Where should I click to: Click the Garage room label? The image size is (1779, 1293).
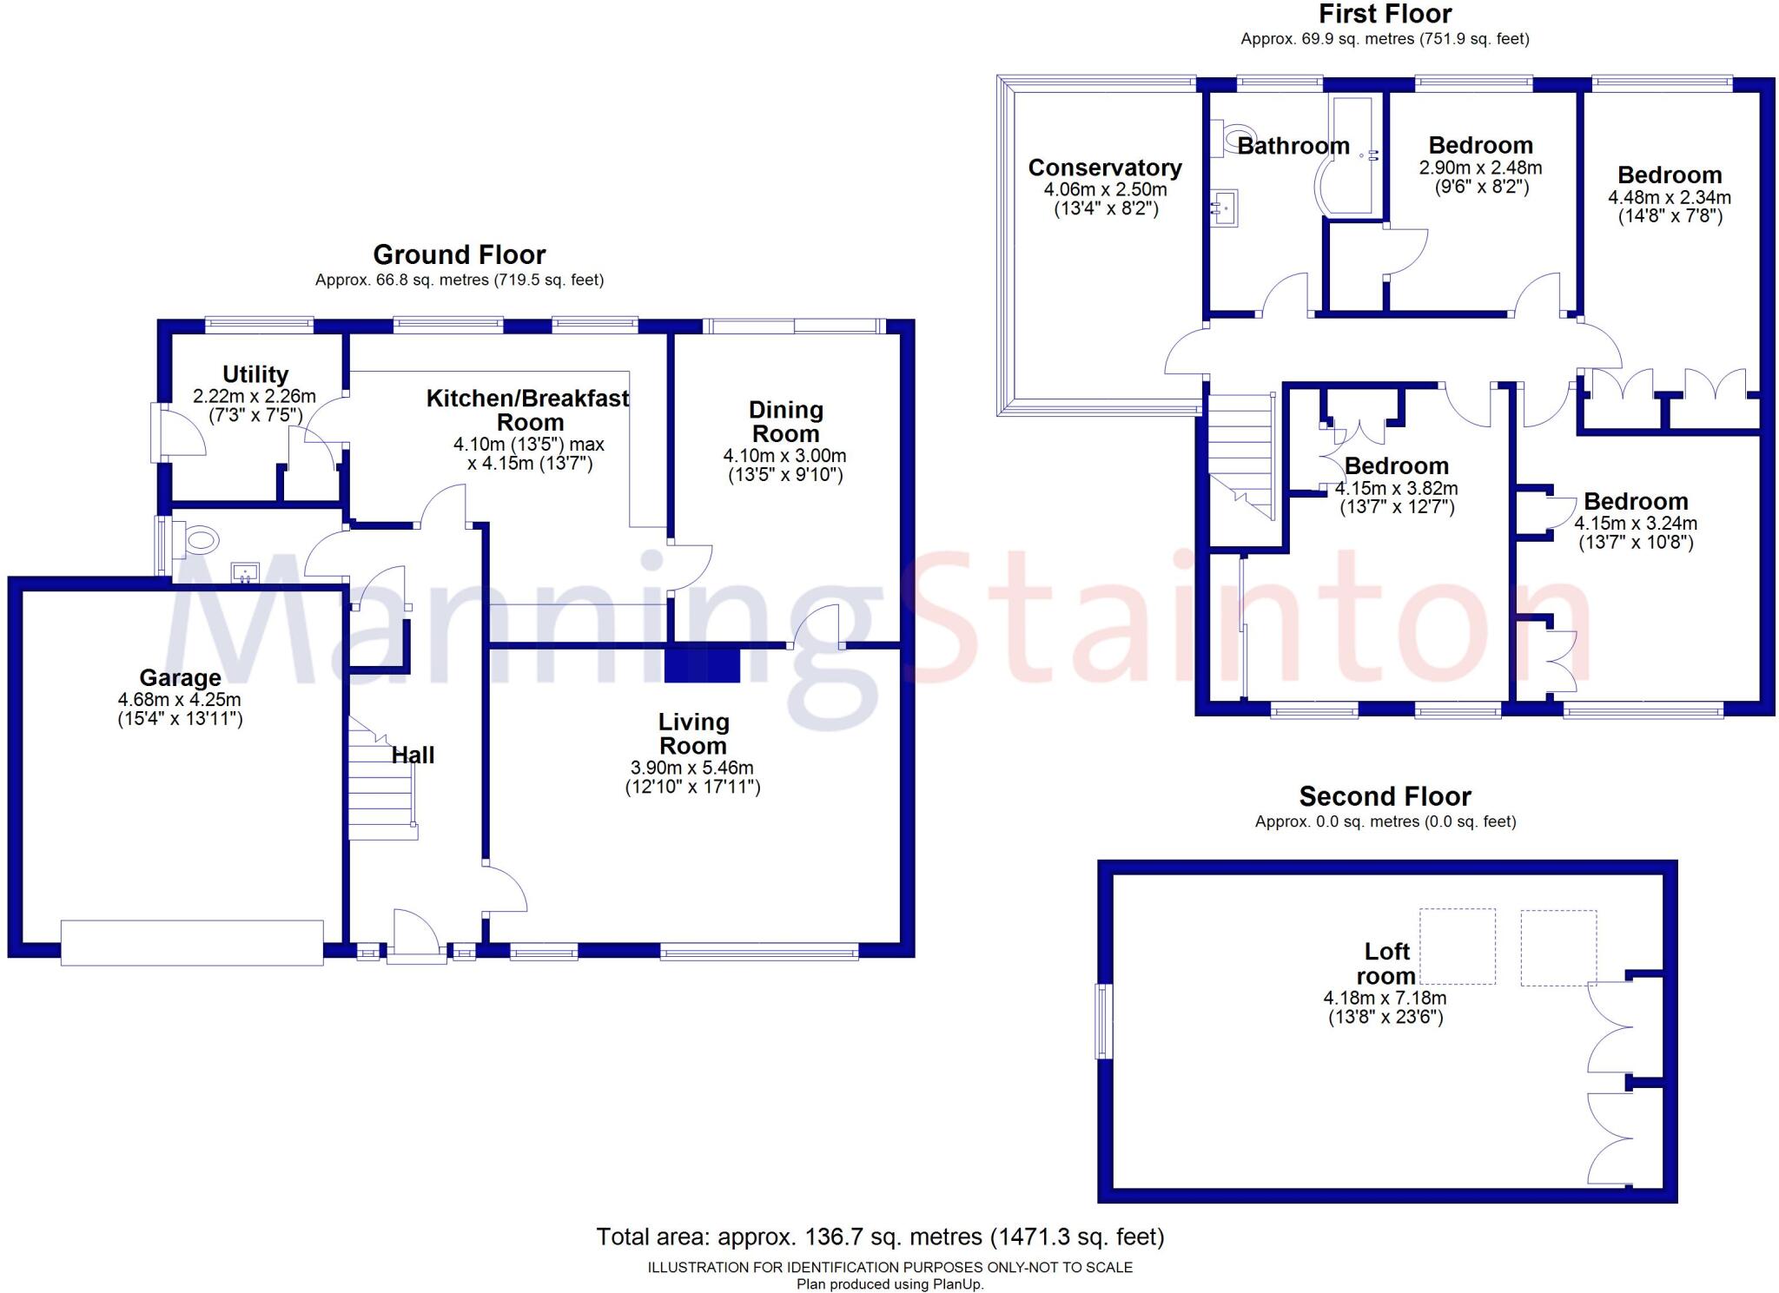(181, 677)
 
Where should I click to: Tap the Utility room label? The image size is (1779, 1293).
(255, 374)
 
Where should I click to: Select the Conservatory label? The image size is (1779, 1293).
(1105, 168)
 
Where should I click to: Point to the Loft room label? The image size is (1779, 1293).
(1386, 964)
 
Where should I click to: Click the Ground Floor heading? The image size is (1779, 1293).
(460, 254)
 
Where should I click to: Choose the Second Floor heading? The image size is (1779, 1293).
(1386, 796)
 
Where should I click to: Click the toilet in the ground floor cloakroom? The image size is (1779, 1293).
(195, 539)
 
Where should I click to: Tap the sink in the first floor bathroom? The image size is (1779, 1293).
(1225, 208)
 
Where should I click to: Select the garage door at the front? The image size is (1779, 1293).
(192, 942)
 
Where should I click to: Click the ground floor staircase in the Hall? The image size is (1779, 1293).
(382, 778)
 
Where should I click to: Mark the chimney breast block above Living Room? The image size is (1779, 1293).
(703, 664)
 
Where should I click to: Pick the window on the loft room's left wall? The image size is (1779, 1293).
(1104, 1021)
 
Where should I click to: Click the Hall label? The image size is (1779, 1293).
(413, 755)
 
